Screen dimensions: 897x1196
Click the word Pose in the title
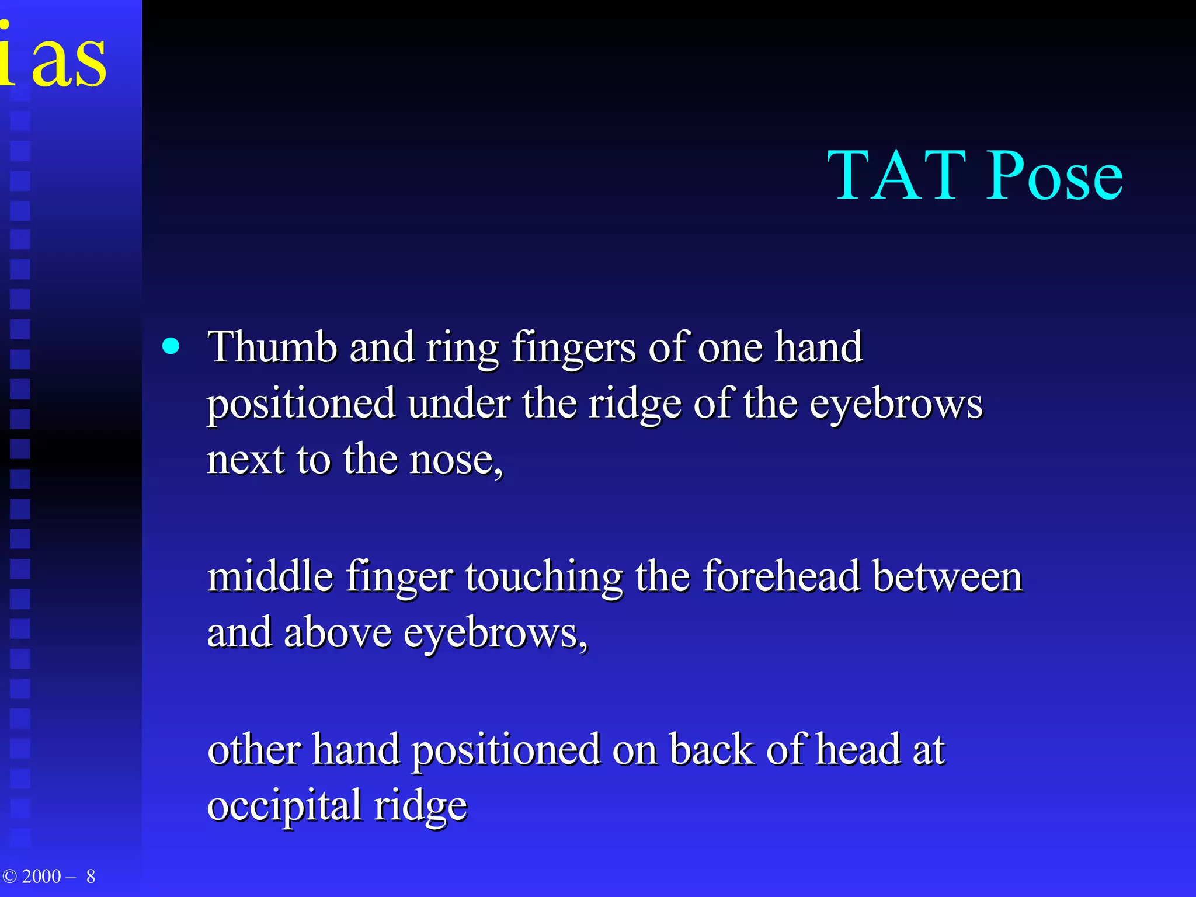click(x=1055, y=175)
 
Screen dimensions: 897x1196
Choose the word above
click(x=337, y=633)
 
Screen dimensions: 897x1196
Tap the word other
click(x=253, y=750)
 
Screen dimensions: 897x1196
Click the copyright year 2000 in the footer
click(x=41, y=877)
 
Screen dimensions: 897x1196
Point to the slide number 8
click(x=91, y=877)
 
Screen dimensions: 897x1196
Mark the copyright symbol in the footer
click(x=10, y=877)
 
